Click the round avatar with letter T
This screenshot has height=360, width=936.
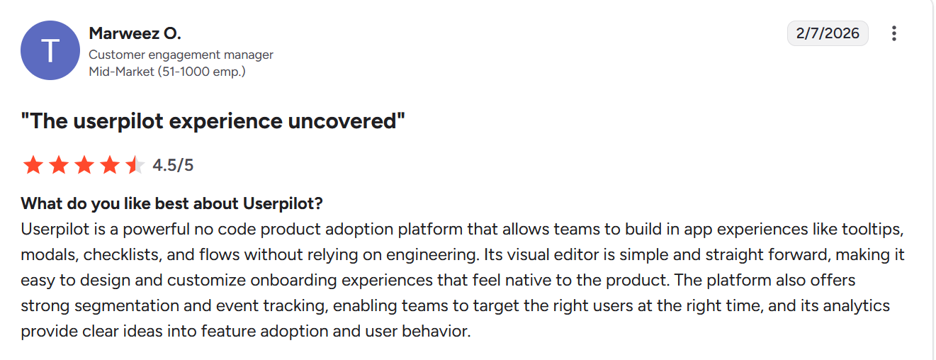pos(50,50)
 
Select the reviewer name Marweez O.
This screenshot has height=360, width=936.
pos(135,33)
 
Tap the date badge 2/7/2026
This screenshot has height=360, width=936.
pos(828,33)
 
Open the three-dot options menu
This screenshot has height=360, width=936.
pos(894,33)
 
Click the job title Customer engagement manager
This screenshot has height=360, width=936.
pos(181,55)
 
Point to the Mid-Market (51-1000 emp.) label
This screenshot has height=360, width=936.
pos(167,72)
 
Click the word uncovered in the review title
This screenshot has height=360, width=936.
pos(346,121)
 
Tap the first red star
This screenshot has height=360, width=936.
pos(33,165)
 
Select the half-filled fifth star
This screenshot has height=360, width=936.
pos(135,165)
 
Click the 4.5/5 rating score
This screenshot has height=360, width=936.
pos(173,165)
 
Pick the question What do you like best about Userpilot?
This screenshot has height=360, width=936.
pos(172,204)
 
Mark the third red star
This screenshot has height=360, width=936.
pos(84,165)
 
